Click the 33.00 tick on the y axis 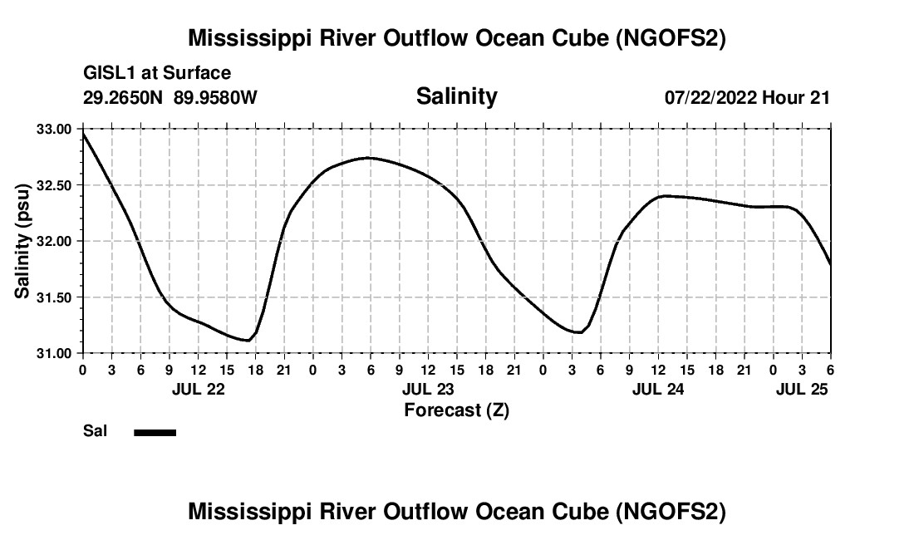coord(55,129)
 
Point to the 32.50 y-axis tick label coord(55,185)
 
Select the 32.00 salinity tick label coord(55,241)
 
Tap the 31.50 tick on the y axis coord(55,297)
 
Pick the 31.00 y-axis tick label coord(55,354)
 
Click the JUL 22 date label coord(198,388)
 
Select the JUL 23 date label coord(428,388)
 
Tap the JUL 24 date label coord(658,388)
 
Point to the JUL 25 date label coord(802,388)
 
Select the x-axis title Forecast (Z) coord(456,410)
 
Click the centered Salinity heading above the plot coord(456,96)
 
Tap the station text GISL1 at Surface coord(157,74)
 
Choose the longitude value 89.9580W coord(215,98)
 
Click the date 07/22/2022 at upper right coord(710,98)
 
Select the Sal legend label coord(95,431)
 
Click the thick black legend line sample coord(155,432)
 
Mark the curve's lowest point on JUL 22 coord(247,340)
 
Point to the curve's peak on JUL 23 coord(368,157)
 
